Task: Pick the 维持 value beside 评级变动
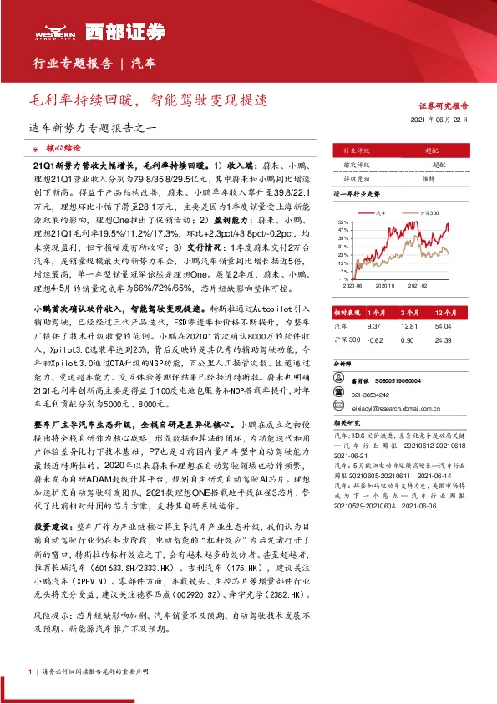[x=428, y=179]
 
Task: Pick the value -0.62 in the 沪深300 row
[x=374, y=339]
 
